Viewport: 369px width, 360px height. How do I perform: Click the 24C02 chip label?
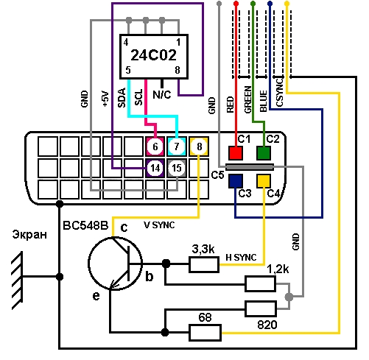click(x=153, y=55)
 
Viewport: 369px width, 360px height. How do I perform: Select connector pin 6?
click(x=155, y=147)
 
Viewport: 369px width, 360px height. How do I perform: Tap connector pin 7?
click(x=177, y=147)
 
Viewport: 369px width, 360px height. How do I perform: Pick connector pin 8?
click(x=199, y=147)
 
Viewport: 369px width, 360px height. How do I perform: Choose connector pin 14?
click(x=155, y=168)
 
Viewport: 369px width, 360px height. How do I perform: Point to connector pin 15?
click(x=177, y=168)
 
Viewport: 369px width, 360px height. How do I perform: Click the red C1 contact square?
click(x=236, y=153)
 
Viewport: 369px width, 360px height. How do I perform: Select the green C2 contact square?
click(x=264, y=153)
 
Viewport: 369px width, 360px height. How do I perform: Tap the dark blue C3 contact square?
click(x=236, y=181)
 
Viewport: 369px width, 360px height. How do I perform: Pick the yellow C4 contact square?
click(x=264, y=181)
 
